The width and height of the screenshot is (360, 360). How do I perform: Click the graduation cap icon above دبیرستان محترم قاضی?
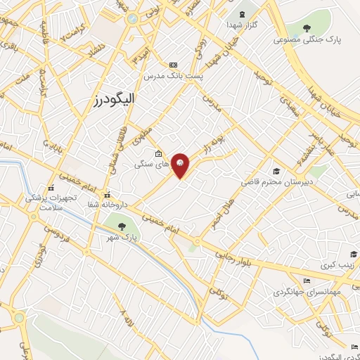pos(276,171)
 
